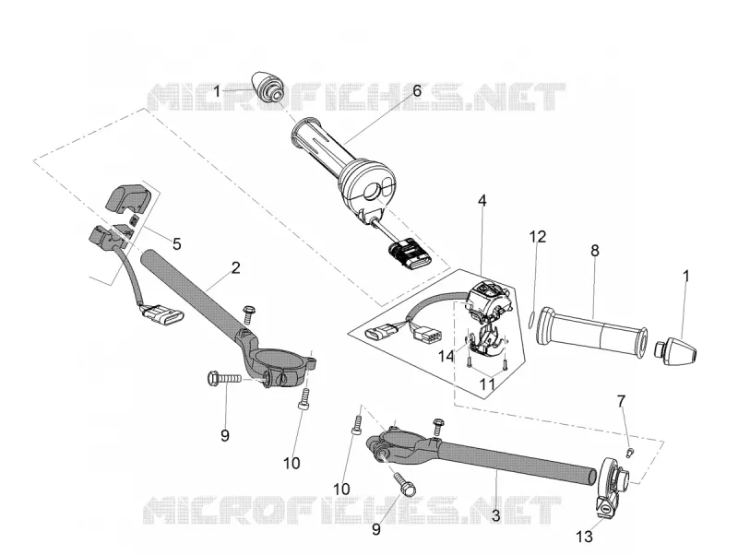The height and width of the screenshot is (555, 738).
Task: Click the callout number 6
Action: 417,90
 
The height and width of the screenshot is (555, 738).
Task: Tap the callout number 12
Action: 537,237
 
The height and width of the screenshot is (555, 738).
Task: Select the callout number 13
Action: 584,537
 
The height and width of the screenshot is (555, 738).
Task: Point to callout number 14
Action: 446,357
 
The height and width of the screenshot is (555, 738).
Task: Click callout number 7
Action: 621,401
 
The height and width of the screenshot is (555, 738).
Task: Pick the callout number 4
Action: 482,201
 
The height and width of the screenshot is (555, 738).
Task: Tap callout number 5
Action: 176,243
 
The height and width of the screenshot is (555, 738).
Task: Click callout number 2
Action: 236,267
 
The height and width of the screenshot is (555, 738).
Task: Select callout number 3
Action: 495,515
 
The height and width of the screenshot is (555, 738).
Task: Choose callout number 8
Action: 595,251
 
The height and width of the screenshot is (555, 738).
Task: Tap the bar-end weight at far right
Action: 676,350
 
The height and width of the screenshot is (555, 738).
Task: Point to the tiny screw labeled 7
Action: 630,453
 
